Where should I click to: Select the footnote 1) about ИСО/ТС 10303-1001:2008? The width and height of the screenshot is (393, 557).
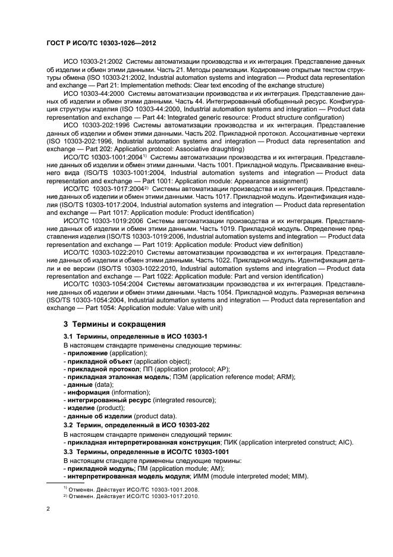[x=131, y=488]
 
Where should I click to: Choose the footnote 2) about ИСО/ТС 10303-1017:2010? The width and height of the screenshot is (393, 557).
[x=131, y=495]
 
